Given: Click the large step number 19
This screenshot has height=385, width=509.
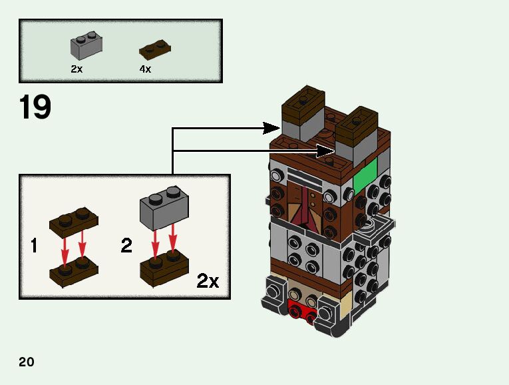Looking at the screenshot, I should (35, 107).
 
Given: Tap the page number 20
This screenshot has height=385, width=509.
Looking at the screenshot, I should (27, 362).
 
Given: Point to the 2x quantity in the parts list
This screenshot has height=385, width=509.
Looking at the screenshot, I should (77, 69).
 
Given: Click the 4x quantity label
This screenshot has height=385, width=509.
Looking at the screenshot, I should (145, 69).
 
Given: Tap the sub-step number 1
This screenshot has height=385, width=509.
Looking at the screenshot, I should (33, 246).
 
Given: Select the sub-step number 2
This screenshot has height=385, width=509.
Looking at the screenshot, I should (126, 246).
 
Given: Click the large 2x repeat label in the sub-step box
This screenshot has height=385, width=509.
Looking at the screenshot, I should (208, 281).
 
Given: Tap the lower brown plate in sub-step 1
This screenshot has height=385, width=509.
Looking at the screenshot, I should (73, 273).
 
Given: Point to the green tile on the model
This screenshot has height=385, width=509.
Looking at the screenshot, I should (365, 175).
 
